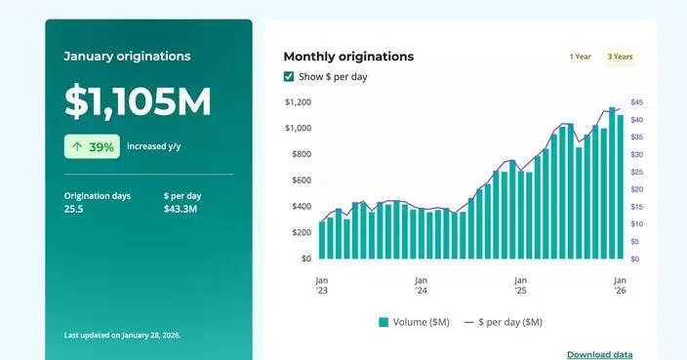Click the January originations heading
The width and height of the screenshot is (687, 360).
point(127,57)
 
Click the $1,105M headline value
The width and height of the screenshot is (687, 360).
point(138,102)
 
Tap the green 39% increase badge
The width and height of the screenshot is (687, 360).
point(92,147)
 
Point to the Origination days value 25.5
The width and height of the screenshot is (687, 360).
point(74,209)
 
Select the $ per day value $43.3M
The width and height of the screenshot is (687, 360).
point(181,209)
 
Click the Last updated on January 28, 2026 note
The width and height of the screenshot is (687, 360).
point(122,335)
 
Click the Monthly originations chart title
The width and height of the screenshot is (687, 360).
point(348,57)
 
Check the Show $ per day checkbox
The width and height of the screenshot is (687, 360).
point(289,77)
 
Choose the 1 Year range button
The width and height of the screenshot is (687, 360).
point(580,57)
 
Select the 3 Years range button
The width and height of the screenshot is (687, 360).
point(620,57)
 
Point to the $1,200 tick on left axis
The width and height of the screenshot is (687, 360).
point(298,102)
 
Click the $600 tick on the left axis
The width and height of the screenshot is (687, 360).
point(300,180)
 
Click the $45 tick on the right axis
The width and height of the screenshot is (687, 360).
point(637,102)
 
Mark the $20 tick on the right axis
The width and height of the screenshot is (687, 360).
point(637,189)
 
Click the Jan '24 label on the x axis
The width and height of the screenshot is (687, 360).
point(421,284)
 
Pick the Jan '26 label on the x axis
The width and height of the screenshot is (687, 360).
point(620,284)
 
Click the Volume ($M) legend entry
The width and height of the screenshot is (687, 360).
point(416,322)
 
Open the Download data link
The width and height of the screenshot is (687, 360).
point(599,354)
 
